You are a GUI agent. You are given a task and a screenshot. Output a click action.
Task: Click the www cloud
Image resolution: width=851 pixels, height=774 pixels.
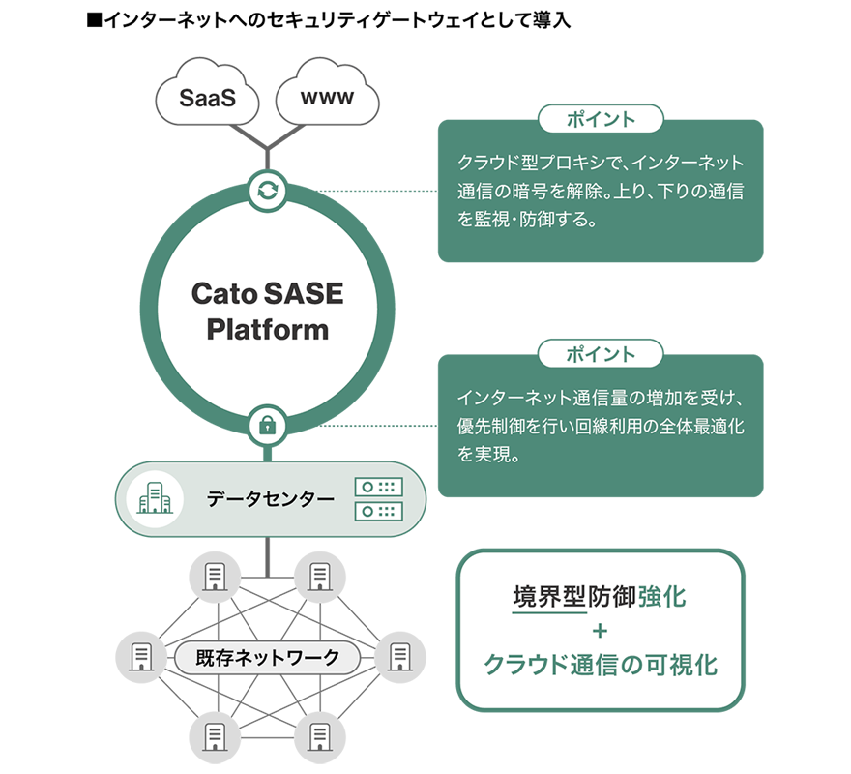click(327, 97)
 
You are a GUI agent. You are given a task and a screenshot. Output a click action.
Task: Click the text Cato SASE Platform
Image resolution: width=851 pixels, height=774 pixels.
click(267, 310)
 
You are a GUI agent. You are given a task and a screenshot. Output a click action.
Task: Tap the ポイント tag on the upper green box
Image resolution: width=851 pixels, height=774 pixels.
click(601, 120)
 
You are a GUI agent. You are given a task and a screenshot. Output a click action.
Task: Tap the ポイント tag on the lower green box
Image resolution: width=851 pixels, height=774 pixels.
click(601, 354)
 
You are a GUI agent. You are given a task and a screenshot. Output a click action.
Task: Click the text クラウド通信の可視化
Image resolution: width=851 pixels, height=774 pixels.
click(600, 666)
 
